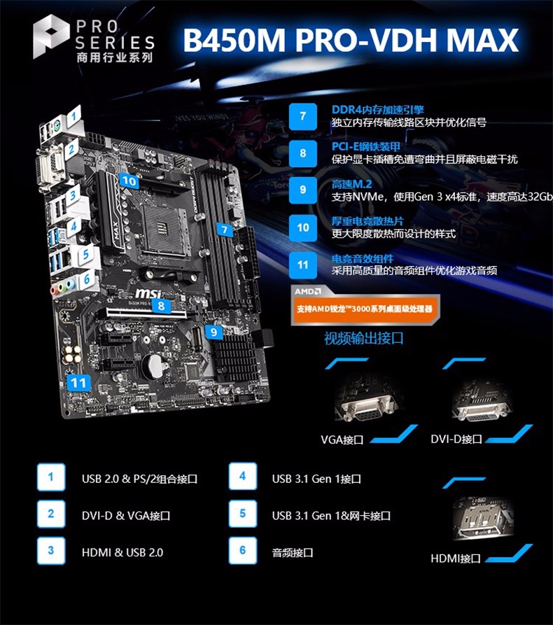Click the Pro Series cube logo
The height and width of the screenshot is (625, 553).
51,36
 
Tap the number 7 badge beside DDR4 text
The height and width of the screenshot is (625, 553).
303,116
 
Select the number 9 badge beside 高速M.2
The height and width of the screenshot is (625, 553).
303,190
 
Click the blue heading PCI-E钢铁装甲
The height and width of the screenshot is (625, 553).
365,146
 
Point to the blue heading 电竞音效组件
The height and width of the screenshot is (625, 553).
363,259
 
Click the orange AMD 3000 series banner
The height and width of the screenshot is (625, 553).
365,309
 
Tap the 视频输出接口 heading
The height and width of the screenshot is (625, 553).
363,338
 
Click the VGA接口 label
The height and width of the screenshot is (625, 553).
342,440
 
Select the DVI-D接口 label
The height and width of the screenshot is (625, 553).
456,439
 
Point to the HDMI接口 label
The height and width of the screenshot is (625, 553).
455,558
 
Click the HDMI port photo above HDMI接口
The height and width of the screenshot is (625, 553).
483,517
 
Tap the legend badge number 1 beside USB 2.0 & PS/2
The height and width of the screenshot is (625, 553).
50,477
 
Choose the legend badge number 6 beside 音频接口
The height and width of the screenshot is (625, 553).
242,551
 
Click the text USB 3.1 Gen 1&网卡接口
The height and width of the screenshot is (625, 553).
331,515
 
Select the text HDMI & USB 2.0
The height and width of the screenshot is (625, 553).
122,552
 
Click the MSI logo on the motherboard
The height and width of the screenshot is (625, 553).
148,294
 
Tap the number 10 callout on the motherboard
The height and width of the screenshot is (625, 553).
129,181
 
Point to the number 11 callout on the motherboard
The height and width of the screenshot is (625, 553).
78,383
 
